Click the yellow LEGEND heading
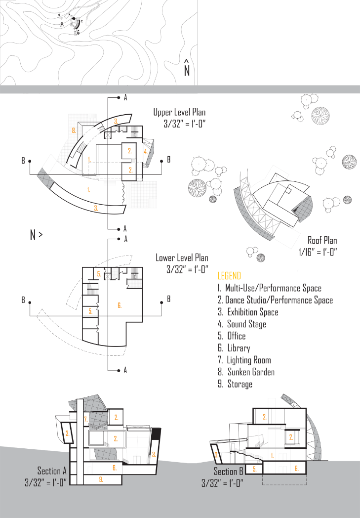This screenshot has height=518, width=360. click(229, 276)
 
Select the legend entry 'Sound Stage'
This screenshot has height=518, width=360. click(246, 324)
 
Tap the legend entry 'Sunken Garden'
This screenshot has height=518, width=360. click(250, 372)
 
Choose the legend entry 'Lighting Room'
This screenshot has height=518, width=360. click(248, 360)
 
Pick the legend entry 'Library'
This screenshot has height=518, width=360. click(239, 348)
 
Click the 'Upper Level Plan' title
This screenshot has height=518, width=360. click(179, 113)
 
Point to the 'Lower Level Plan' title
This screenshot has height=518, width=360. click(182, 258)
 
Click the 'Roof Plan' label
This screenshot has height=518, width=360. click(322, 241)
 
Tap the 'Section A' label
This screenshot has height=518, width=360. click(52, 471)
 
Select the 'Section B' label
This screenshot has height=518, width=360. click(228, 472)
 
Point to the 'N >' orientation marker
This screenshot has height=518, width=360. click(36, 235)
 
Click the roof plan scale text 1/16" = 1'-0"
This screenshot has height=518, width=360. click(318, 252)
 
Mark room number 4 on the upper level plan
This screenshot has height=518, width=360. click(146, 152)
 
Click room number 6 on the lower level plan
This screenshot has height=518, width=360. click(90, 311)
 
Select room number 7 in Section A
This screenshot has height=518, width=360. click(85, 419)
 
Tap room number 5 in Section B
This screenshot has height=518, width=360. click(254, 469)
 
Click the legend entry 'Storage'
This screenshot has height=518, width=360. click(240, 384)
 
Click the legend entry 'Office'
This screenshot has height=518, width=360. click(237, 336)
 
